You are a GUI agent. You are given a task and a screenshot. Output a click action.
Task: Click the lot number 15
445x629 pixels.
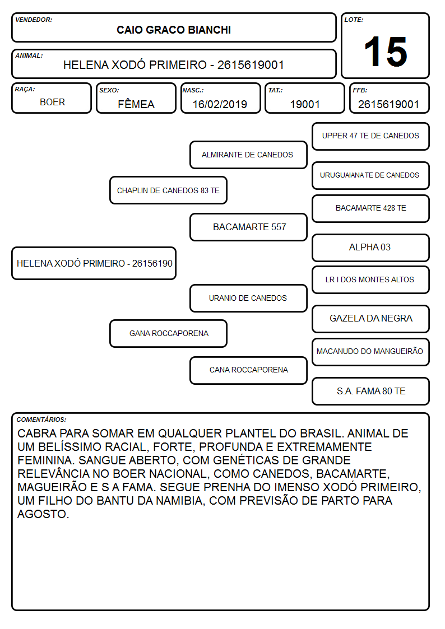click(x=385, y=52)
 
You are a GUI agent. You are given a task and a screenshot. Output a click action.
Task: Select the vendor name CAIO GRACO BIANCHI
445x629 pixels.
click(x=174, y=30)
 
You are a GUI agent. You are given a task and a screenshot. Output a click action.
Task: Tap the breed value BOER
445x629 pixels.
click(x=52, y=102)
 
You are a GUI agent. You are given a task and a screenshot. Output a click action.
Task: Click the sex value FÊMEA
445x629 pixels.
click(x=136, y=104)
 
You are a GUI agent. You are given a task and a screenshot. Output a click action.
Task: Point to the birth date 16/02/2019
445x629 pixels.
click(x=220, y=104)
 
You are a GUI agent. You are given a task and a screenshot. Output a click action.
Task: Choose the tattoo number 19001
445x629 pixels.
click(x=305, y=104)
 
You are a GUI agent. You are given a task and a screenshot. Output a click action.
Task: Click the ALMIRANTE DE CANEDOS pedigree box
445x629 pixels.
click(x=248, y=155)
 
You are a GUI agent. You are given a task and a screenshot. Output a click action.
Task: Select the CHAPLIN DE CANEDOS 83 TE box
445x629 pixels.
click(x=168, y=190)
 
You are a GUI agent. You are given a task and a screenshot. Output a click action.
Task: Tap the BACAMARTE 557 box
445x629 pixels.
click(x=248, y=227)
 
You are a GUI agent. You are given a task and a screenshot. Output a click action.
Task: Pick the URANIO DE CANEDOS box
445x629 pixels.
click(x=248, y=298)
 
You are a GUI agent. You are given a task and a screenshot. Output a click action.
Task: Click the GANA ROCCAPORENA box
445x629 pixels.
click(x=168, y=333)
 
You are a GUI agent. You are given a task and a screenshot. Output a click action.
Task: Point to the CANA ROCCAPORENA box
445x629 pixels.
click(x=248, y=370)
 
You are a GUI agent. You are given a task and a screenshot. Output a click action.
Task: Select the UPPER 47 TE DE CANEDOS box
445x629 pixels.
click(x=371, y=137)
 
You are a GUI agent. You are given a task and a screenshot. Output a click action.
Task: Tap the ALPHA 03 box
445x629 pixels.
click(x=371, y=248)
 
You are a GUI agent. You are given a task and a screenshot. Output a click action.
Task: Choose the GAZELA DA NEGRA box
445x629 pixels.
click(x=371, y=319)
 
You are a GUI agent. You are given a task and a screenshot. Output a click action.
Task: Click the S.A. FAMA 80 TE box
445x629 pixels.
click(x=371, y=391)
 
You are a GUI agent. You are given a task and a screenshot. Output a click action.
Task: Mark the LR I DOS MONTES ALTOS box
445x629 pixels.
click(x=371, y=279)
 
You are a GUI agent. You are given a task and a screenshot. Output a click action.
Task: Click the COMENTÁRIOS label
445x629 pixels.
click(x=41, y=420)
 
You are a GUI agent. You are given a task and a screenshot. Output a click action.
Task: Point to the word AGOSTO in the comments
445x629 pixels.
click(x=43, y=514)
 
